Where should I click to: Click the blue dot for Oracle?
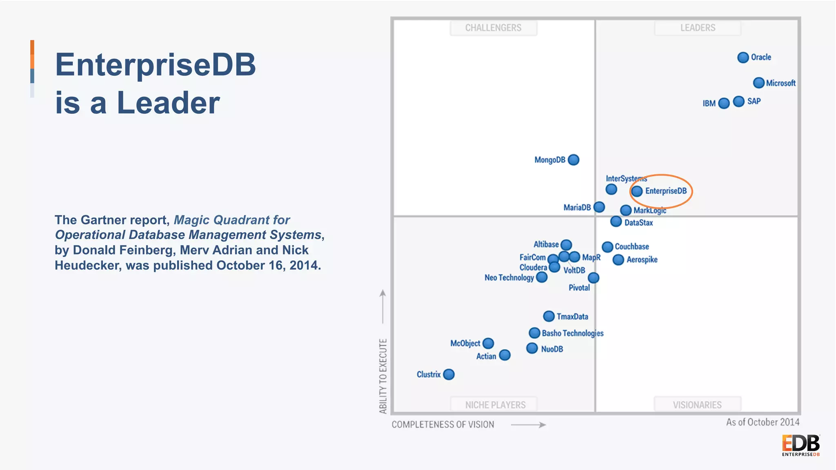click(743, 58)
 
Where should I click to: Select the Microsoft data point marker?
click(758, 83)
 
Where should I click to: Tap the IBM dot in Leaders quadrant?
click(724, 103)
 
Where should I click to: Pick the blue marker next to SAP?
click(738, 101)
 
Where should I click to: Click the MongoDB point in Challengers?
click(574, 160)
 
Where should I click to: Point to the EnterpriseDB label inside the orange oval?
click(666, 191)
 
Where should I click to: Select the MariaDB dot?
click(599, 207)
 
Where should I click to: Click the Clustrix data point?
click(449, 374)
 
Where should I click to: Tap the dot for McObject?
click(488, 343)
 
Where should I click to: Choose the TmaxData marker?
click(549, 316)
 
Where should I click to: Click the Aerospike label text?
click(642, 260)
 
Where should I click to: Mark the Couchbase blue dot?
click(607, 247)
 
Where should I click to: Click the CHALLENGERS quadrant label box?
click(493, 28)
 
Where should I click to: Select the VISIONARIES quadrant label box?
click(697, 405)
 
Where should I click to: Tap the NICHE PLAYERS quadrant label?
click(495, 405)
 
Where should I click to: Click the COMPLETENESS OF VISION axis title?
click(443, 425)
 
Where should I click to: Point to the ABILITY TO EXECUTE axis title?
click(383, 376)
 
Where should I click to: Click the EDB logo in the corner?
click(800, 445)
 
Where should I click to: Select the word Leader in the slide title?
click(168, 103)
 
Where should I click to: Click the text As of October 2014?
click(763, 422)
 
